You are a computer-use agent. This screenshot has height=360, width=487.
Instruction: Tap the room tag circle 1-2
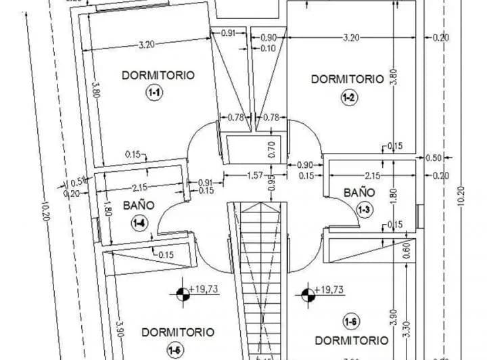[x=349, y=97]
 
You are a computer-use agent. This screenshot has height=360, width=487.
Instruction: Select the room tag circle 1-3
[x=364, y=209]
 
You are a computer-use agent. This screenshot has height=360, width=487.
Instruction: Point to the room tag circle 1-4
[x=139, y=221]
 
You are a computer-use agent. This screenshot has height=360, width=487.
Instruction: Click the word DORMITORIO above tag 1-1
[x=158, y=75]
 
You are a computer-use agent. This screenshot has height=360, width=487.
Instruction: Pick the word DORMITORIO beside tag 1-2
[x=347, y=79]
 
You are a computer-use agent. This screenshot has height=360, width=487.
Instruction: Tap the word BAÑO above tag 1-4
[x=139, y=205]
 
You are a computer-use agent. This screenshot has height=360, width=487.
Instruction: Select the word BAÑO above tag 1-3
[x=358, y=192]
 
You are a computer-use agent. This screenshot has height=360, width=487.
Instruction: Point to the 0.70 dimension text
[x=272, y=149]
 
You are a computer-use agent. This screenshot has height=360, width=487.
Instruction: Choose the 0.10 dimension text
[x=268, y=48]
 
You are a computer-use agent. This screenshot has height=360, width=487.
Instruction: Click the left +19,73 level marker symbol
[x=182, y=294]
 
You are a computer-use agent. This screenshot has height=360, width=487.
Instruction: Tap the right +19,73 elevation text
[x=329, y=290]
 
